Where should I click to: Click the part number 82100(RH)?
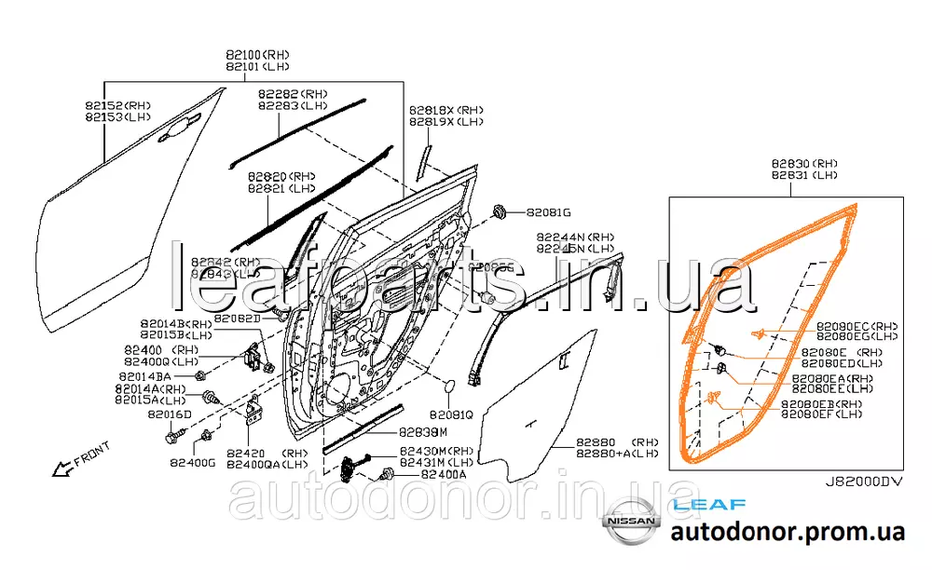tap(257, 55)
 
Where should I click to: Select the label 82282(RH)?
tap(293, 94)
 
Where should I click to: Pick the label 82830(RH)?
tap(804, 162)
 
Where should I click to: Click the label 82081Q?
tap(451, 414)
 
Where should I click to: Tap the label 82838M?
tap(423, 432)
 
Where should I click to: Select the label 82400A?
tap(444, 474)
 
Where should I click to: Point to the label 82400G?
tap(193, 461)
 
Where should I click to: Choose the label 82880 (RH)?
tap(616, 441)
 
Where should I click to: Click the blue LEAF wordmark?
tap(709, 505)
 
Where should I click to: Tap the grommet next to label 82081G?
tap(499, 211)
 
